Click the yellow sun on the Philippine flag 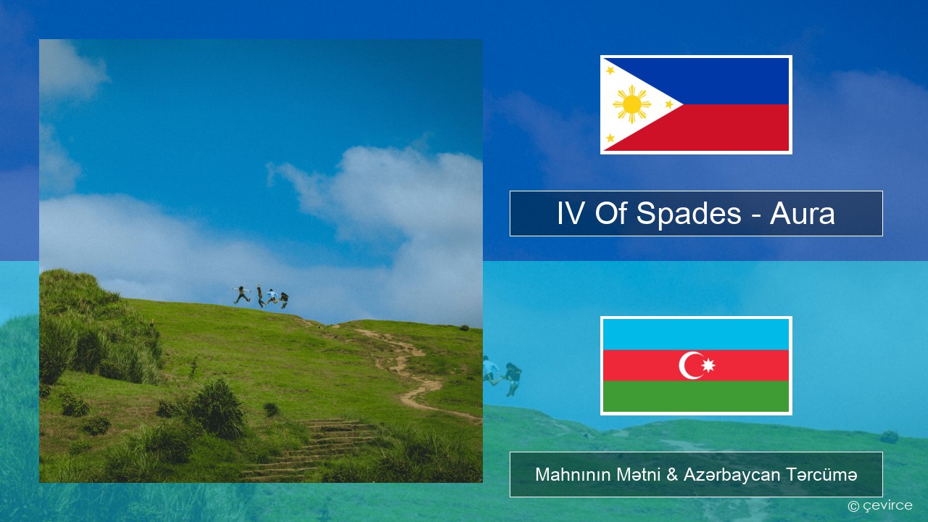click(631, 104)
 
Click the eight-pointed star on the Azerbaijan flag click(708, 365)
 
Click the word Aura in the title click(802, 214)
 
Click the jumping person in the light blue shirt click(271, 297)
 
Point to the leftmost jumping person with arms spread click(242, 294)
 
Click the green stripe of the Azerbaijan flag click(696, 397)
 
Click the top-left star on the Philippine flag click(610, 70)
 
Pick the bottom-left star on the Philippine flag click(610, 138)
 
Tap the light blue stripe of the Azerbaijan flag click(696, 334)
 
